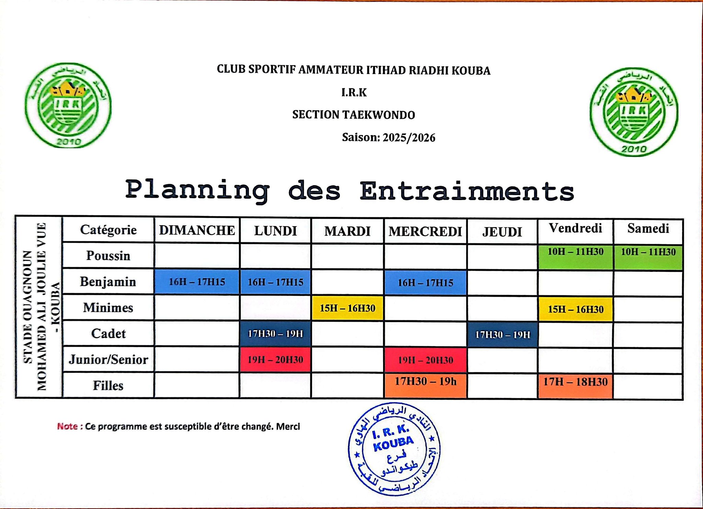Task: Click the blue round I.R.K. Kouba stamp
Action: click(394, 449)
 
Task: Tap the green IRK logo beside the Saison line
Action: click(634, 112)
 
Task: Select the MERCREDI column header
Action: click(425, 231)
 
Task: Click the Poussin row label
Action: click(108, 256)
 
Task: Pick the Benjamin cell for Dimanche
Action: click(197, 282)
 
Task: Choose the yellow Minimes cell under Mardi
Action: click(347, 308)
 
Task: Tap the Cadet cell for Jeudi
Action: click(503, 334)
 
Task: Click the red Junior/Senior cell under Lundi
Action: click(275, 360)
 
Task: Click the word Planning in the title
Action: click(197, 190)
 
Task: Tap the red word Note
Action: click(68, 427)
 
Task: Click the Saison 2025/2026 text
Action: click(388, 137)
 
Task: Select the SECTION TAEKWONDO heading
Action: click(354, 115)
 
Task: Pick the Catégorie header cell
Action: click(108, 230)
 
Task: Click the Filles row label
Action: click(108, 386)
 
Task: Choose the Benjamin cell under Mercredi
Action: click(425, 283)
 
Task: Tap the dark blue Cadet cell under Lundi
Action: click(275, 334)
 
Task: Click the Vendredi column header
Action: click(575, 229)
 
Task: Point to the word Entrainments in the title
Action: click(467, 191)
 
